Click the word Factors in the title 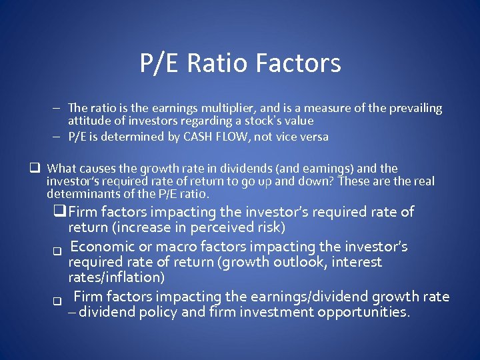[299, 63]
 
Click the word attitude [89, 121]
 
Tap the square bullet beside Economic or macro [57, 251]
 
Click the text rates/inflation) [116, 277]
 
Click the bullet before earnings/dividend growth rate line [57, 301]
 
